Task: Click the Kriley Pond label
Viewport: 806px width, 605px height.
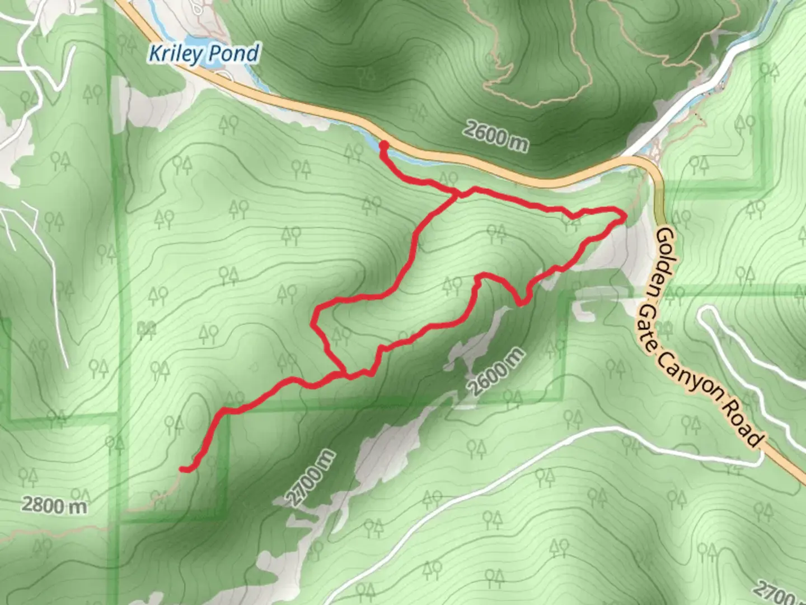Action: [x=204, y=53]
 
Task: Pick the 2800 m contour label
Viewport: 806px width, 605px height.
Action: [x=54, y=505]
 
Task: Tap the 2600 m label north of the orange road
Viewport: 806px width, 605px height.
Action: [x=495, y=137]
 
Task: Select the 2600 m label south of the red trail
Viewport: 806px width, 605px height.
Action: [x=496, y=371]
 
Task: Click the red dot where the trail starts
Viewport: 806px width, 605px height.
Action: [x=384, y=146]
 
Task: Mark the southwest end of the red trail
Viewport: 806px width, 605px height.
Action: [x=182, y=469]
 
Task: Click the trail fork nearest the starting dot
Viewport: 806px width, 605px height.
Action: [x=459, y=194]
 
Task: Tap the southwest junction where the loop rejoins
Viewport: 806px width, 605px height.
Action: [x=343, y=373]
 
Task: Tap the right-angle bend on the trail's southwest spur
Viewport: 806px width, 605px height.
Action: [x=225, y=412]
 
